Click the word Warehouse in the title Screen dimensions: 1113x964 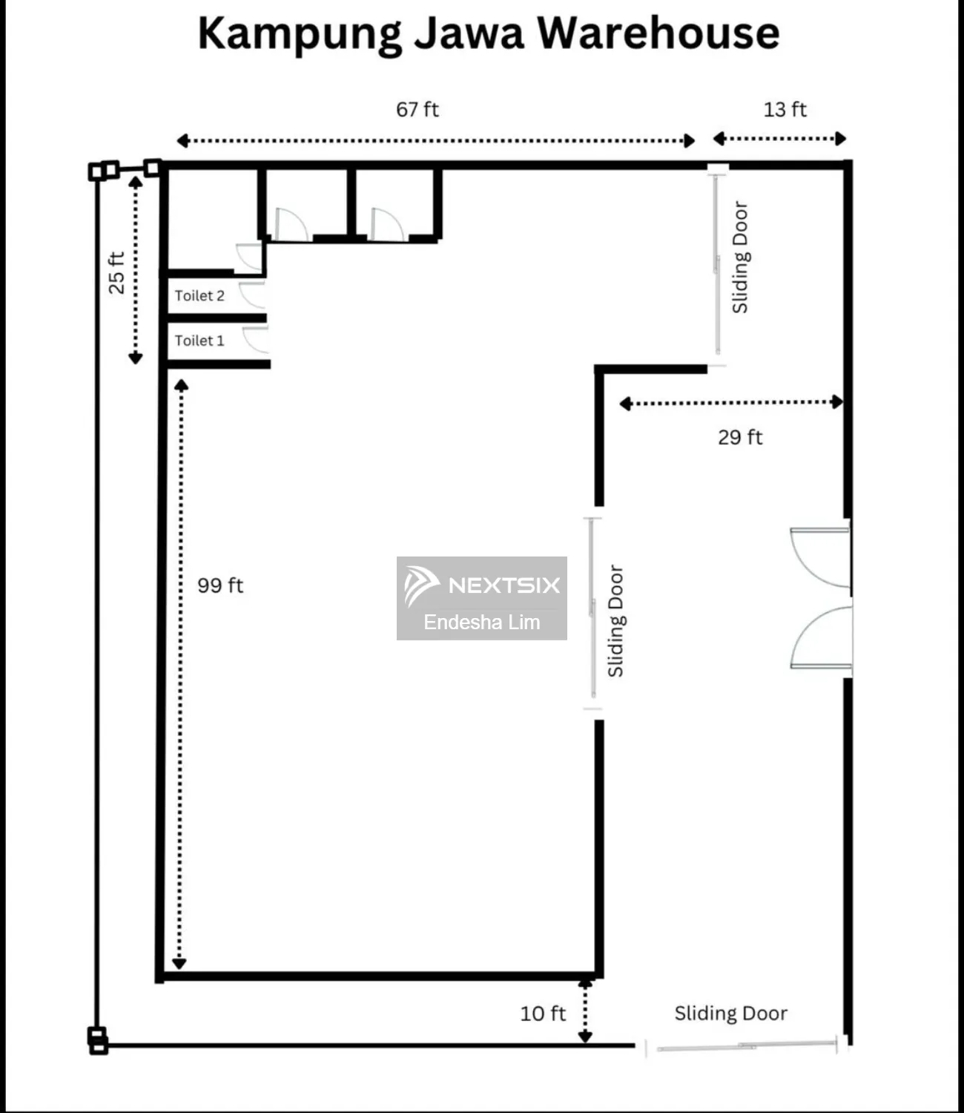pos(658,33)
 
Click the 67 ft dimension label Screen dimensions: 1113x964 pos(417,110)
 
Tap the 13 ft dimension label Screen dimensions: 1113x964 pos(785,110)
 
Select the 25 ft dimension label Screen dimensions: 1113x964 pos(116,273)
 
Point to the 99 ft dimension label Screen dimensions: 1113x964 pos(220,585)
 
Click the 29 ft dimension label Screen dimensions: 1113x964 pos(739,437)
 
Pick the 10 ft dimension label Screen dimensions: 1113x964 pos(543,1014)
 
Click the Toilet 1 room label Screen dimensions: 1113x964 pos(199,341)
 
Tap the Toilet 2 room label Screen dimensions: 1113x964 pos(199,295)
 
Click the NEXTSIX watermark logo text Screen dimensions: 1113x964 pos(504,585)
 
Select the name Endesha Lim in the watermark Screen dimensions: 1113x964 pos(482,623)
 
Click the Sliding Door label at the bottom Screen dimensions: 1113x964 pos(730,1014)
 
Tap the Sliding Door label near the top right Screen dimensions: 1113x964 pos(740,257)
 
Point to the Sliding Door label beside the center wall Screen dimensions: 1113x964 pos(615,621)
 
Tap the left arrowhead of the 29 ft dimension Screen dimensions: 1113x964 pos(625,404)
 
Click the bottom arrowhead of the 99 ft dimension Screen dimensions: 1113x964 pos(179,963)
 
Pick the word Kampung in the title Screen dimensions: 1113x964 pos(300,33)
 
